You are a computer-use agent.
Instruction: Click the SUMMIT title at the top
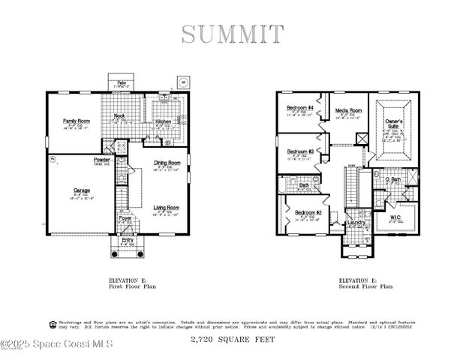tap(233, 34)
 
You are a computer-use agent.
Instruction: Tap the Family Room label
tap(75, 121)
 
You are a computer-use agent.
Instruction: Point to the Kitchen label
tap(164, 121)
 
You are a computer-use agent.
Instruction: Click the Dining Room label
tap(167, 163)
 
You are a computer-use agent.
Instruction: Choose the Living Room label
tap(166, 207)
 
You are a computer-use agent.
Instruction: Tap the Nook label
tap(119, 115)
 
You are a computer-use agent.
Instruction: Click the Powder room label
tap(102, 160)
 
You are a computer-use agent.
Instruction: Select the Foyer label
tap(125, 218)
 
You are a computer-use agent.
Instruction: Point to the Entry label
tap(128, 239)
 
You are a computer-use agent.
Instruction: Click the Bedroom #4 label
tap(299, 109)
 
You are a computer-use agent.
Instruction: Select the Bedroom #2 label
tap(307, 212)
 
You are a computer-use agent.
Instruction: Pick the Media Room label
tap(348, 109)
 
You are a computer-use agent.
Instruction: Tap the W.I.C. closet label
tap(395, 217)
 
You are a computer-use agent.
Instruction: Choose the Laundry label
tap(356, 222)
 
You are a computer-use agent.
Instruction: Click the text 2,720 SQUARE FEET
tap(233, 340)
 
